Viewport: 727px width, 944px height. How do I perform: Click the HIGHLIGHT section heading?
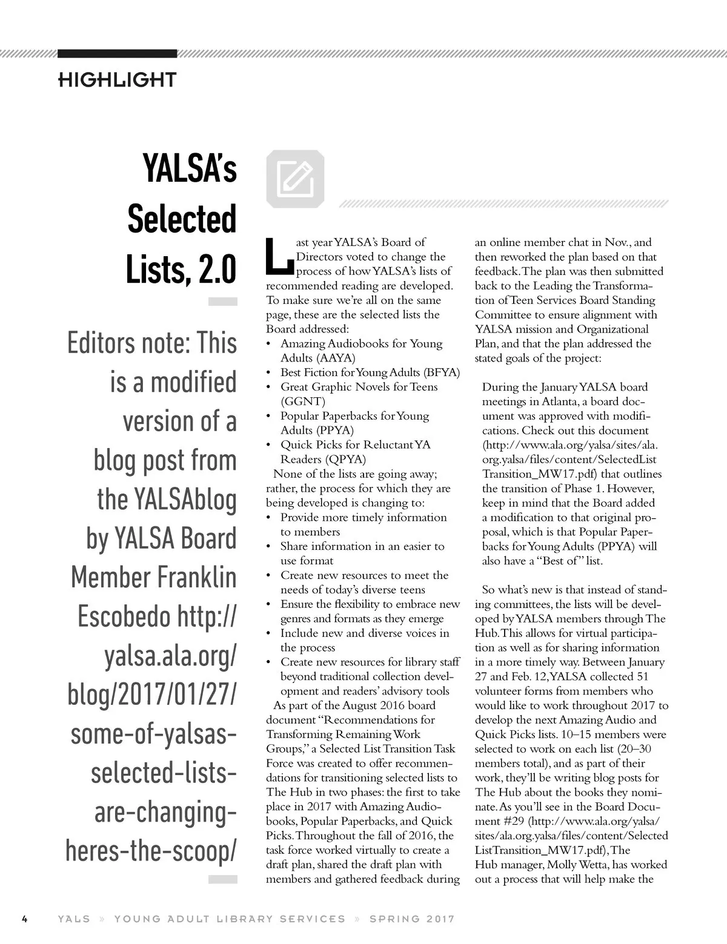(x=117, y=79)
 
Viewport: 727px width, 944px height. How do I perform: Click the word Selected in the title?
(x=181, y=219)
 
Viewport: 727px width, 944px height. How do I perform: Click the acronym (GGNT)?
(x=303, y=401)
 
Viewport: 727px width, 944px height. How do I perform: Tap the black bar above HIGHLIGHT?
(x=117, y=53)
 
